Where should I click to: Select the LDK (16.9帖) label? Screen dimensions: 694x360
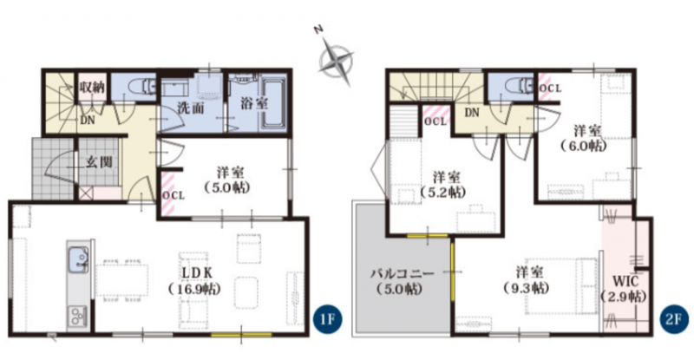click(194, 281)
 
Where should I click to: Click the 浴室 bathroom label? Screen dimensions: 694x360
click(254, 103)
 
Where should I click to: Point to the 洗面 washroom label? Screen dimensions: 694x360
click(190, 108)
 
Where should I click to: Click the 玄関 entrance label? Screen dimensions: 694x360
click(99, 162)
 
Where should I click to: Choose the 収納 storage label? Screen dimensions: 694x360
click(92, 87)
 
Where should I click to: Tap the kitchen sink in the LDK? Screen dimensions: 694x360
click(78, 261)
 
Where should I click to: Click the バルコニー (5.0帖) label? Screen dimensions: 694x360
click(402, 281)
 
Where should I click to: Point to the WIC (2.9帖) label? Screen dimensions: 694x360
click(625, 288)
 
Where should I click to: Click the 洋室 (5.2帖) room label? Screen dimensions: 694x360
click(446, 185)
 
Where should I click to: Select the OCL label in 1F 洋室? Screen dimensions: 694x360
click(173, 195)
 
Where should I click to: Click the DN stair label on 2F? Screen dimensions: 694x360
click(472, 113)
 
